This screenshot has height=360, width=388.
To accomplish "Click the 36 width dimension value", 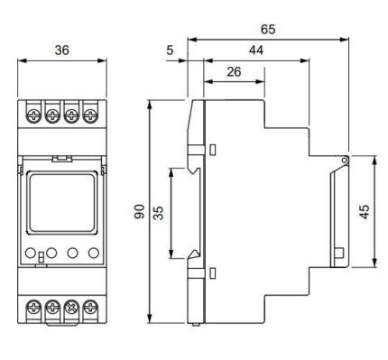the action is [62, 50].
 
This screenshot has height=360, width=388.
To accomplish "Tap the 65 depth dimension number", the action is [268, 29].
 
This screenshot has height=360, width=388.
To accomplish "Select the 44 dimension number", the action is [256, 51].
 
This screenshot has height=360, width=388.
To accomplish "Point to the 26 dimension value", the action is [234, 71].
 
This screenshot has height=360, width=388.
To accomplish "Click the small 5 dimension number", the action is [170, 51].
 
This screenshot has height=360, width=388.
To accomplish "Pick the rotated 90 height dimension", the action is [140, 211].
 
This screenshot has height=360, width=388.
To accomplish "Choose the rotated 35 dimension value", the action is [159, 213].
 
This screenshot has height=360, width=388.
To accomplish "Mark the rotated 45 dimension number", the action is [365, 212].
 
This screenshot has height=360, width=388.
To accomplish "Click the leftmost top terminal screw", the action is [33, 115].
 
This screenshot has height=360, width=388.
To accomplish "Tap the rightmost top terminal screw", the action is [89, 115].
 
